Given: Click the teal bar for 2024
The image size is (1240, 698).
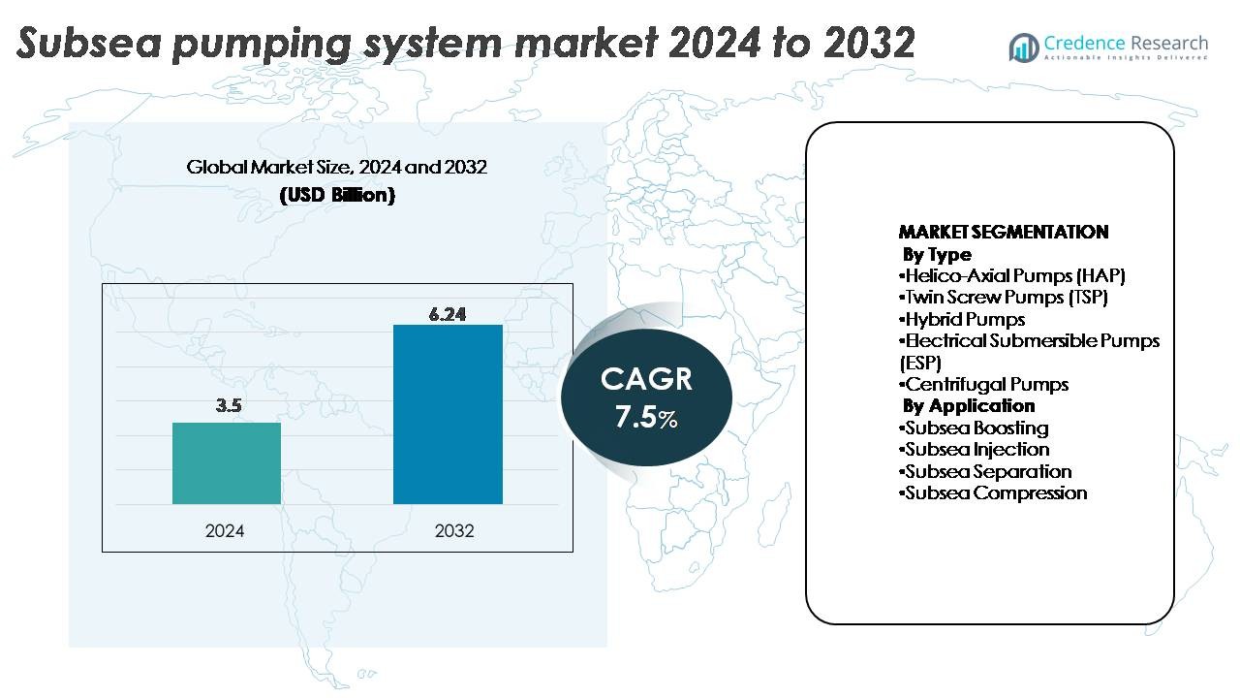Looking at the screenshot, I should coord(227,463).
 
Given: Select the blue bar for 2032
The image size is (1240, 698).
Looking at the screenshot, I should coord(448,414).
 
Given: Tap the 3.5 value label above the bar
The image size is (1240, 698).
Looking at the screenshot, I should coord(229,406).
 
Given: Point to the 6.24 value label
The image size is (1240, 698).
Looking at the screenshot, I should coord(448,314).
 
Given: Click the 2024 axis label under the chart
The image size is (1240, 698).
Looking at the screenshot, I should coord(225,531).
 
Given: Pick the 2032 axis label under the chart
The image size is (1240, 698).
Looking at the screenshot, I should coord(454,531).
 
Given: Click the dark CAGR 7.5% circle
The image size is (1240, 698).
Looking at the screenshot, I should coord(646,396).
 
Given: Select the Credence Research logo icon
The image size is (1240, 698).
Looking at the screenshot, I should coord(1023,46).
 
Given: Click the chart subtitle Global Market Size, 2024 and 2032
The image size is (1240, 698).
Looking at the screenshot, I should coord(336,167).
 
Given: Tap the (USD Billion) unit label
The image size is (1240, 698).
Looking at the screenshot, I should coord(336,195).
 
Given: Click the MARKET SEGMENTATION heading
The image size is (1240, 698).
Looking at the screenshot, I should coord(1004,233).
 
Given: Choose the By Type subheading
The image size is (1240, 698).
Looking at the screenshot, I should coord(937,255).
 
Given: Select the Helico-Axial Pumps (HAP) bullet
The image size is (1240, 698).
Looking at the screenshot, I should coord(1012,276).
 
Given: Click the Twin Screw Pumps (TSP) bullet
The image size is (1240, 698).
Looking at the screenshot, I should coord(1004,298).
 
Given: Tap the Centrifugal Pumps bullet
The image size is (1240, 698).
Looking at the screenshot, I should coord(983,384).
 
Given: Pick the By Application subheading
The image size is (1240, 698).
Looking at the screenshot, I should coord(969,405).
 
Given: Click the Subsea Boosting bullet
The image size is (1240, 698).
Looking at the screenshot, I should coord(974,428).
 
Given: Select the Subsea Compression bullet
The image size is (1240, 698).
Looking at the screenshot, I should coord(993,492).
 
